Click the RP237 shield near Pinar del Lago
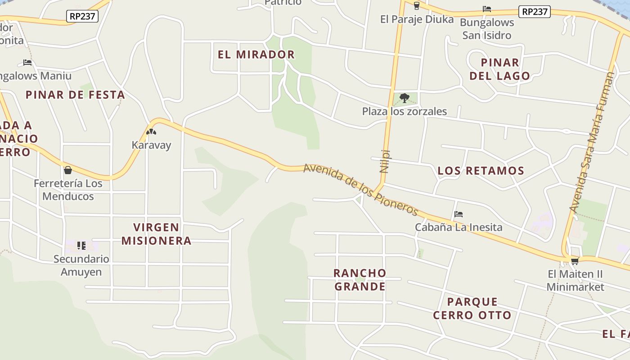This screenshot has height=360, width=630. (534, 12)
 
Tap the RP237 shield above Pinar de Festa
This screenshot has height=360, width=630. (82, 17)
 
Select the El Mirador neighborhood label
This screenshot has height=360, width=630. (256, 54)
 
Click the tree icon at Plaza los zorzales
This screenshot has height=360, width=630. (405, 98)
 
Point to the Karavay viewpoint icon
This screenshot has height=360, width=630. (151, 132)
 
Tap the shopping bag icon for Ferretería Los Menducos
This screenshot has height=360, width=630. (68, 170)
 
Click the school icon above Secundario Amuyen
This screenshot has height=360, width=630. (81, 245)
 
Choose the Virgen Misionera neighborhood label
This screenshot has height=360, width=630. (157, 234)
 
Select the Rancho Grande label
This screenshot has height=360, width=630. (360, 279)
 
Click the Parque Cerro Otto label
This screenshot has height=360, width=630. (472, 308)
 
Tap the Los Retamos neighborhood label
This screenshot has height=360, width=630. (481, 171)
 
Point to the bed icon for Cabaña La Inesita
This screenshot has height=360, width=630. (459, 214)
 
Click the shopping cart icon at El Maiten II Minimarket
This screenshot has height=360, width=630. (575, 261)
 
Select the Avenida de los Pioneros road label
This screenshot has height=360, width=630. (361, 189)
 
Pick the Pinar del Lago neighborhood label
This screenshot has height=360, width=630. (500, 69)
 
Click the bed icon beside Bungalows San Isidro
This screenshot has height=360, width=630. (486, 9)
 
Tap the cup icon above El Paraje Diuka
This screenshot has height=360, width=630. (416, 6)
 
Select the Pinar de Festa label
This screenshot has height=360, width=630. (75, 95)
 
